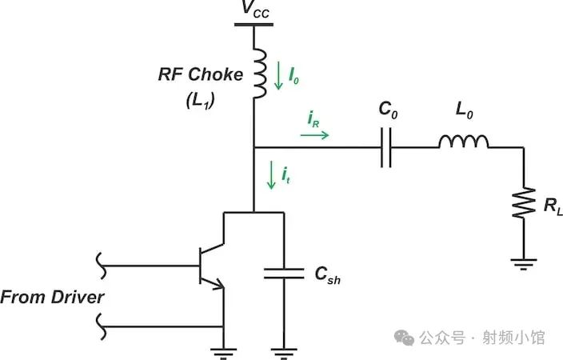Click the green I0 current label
coord(293,78)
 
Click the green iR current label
coord(314,118)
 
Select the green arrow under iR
coord(314,135)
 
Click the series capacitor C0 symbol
coord(387,148)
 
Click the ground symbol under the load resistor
coord(523,261)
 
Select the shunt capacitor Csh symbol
coord(282,274)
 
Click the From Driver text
coord(53,298)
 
